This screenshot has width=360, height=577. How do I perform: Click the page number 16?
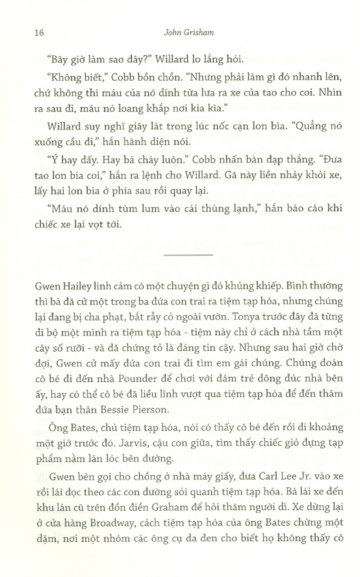coord(39,32)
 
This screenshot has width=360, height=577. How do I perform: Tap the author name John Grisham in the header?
coord(189,32)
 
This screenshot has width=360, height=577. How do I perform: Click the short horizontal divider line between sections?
coord(188,255)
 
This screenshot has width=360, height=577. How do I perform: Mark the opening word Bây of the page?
coord(58,59)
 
